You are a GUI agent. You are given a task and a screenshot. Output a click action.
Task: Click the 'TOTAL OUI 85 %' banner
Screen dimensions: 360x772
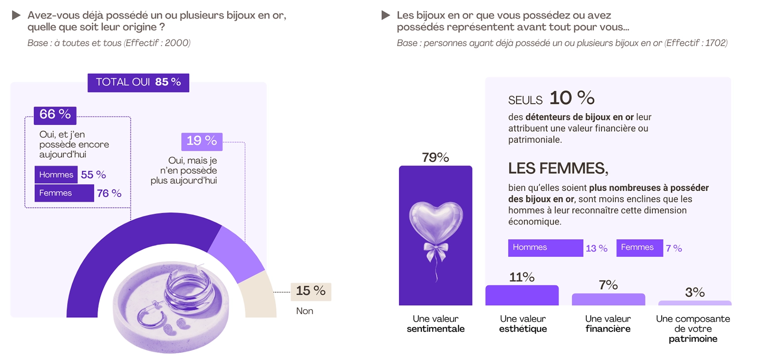pos(138,83)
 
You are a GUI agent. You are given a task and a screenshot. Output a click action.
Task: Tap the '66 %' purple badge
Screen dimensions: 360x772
pos(55,115)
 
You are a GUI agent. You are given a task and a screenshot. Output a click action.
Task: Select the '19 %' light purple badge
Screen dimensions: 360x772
pos(202,141)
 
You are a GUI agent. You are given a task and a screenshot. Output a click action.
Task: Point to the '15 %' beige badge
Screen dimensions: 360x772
pos(311,291)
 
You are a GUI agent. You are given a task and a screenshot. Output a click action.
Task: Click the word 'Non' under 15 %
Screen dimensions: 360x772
pos(304,311)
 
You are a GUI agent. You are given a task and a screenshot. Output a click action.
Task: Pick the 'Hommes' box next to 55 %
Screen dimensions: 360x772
pos(56,175)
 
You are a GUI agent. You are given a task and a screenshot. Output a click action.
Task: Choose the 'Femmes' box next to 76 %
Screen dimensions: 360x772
pos(64,193)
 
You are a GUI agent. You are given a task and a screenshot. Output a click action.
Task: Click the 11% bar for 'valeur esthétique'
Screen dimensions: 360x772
pos(522,296)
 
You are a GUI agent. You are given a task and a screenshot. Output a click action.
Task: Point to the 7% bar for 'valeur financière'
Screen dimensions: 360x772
pos(608,300)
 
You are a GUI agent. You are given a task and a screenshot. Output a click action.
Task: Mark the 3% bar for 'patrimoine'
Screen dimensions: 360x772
pos(694,303)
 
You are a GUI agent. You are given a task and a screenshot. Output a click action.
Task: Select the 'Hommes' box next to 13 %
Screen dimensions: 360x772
pos(545,248)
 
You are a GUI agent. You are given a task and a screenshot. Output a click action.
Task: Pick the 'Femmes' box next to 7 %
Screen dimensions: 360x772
pos(639,248)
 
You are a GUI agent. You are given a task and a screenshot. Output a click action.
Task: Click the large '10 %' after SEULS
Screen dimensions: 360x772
pos(572,98)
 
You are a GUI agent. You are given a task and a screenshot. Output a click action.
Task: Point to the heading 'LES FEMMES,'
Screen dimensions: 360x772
pos(558,168)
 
